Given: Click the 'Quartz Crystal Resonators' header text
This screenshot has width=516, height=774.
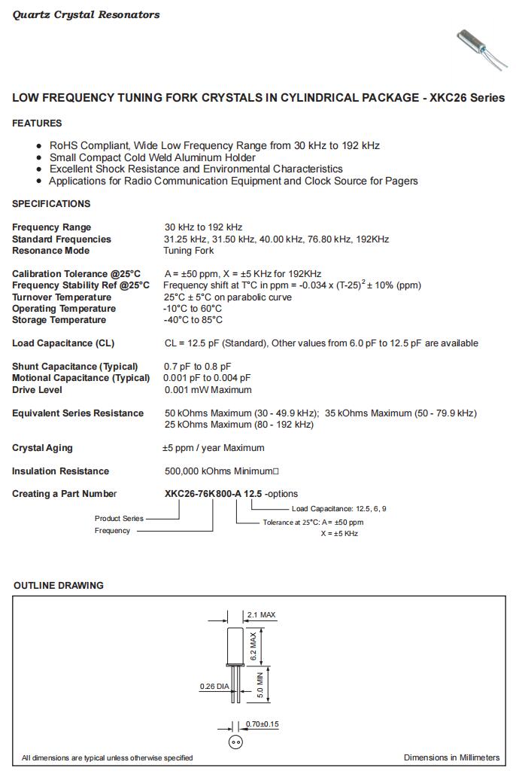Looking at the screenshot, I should pos(86,15).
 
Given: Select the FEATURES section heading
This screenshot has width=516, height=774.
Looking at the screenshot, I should pos(37,123).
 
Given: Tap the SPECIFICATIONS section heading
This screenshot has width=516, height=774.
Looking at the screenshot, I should pos(51,204).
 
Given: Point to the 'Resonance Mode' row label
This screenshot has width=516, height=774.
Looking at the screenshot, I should pos(50,251).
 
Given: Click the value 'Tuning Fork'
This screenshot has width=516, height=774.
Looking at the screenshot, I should pos(189,251).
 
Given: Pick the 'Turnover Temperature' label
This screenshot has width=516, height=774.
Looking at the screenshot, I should pos(62,297).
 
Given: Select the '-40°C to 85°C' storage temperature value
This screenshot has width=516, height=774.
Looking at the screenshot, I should pos(193,320).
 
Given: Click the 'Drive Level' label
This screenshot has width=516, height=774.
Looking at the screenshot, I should pos(37,390).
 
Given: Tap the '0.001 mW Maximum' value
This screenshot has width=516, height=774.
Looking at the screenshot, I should pos(208,390).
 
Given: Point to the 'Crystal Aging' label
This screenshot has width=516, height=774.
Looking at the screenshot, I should pos(42,448).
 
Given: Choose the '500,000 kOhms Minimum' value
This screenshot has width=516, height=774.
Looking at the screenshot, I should pos(219,471).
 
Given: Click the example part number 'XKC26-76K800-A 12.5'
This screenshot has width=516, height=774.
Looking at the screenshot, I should pos(213,494).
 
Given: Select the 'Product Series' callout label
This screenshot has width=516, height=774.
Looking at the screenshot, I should pos(119,518).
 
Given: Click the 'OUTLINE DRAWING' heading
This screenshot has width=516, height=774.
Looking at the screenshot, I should pos(59,586).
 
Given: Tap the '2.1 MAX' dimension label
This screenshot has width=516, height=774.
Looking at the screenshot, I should pos(261,615).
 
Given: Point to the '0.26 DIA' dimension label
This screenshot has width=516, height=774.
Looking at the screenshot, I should pos(214,686).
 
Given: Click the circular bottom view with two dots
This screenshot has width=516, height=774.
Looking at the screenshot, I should pos(235,742).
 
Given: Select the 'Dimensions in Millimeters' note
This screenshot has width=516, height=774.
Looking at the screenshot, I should pos(451,757).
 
